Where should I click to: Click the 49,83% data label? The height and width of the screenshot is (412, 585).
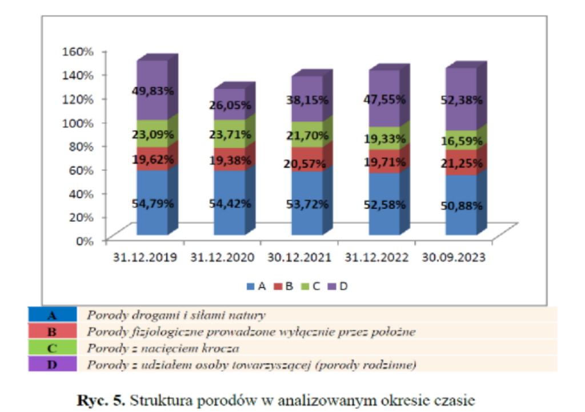(152, 91)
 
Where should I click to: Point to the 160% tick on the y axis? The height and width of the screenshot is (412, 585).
(77, 51)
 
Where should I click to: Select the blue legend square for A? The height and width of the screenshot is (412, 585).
(250, 286)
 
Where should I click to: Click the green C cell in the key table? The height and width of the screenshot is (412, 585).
(52, 347)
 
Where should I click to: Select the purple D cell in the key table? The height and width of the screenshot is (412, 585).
(52, 364)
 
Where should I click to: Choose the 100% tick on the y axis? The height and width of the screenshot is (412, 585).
(77, 122)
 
